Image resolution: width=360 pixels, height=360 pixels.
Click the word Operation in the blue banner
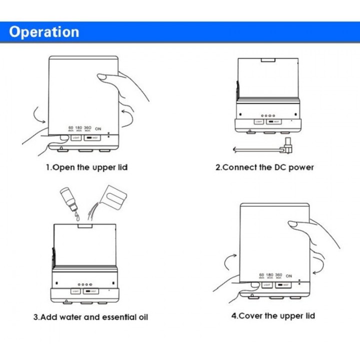(x=44, y=32)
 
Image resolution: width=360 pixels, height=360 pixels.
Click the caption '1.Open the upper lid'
(x=87, y=167)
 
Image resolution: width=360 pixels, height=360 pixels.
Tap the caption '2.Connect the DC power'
(x=264, y=167)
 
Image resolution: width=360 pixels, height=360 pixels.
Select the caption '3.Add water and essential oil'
(x=90, y=317)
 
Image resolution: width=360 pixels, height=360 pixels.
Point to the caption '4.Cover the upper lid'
(x=273, y=315)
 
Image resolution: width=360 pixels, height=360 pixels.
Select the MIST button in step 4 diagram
(x=283, y=285)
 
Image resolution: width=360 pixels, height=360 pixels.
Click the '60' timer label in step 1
(x=71, y=128)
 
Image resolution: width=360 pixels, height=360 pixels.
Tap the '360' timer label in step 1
(x=87, y=128)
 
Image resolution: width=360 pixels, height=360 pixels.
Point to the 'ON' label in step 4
(x=288, y=276)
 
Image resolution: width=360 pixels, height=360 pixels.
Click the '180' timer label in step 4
(x=270, y=275)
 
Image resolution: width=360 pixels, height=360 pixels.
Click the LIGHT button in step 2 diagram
(x=258, y=121)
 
